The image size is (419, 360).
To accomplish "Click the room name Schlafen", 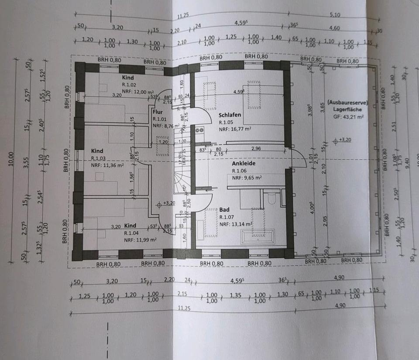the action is tap(230, 115).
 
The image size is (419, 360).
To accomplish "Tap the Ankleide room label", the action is tap(243, 164).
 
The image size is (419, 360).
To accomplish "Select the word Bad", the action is tap(224, 210).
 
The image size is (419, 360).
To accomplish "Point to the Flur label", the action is tap(157, 111).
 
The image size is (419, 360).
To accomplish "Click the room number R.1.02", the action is tap(130, 85).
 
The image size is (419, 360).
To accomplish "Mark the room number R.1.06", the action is tap(240, 171).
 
